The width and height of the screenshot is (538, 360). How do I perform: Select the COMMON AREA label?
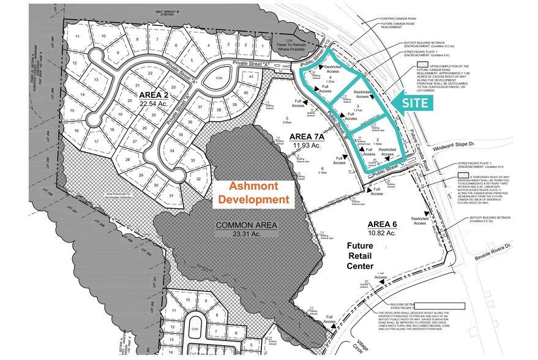click(246, 230)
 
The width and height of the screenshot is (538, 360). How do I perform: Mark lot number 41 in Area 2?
click(250, 77)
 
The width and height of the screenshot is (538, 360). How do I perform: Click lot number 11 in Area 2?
click(77, 36)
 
